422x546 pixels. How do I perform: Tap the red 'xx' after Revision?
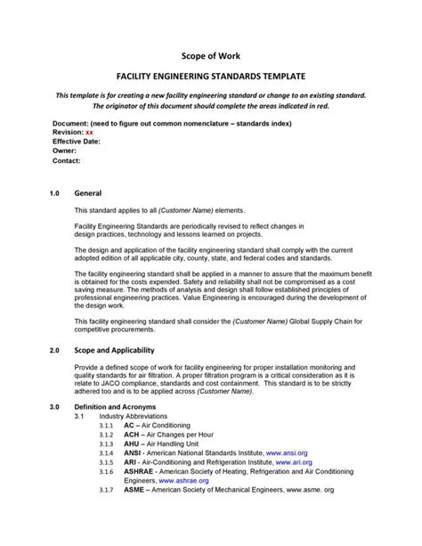pyautogui.click(x=88, y=131)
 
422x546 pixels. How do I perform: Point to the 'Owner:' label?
pyautogui.click(x=66, y=151)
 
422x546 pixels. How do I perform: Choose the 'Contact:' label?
pyautogui.click(x=68, y=161)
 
